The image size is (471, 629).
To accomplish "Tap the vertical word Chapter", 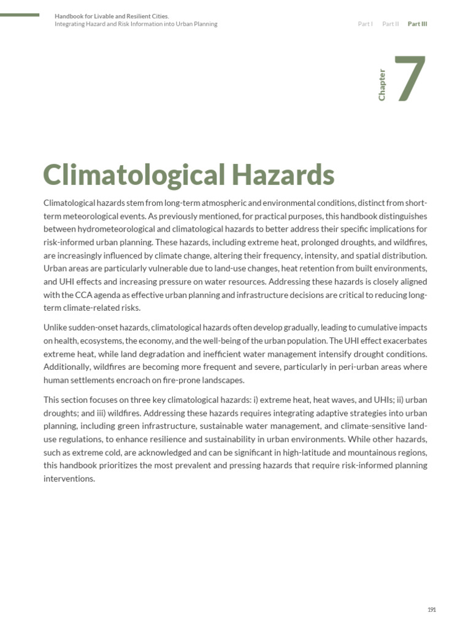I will [382, 85].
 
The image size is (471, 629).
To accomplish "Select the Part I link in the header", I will [365, 24].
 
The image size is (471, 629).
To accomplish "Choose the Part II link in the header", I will [390, 24].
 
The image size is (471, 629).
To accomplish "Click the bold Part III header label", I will [418, 24].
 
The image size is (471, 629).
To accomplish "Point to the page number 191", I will [431, 609].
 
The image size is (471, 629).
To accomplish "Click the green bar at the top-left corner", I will [20, 14].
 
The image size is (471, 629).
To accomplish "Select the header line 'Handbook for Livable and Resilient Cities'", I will [112, 16].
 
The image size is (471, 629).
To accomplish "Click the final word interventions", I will [69, 479].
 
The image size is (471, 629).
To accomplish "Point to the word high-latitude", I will [290, 452].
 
